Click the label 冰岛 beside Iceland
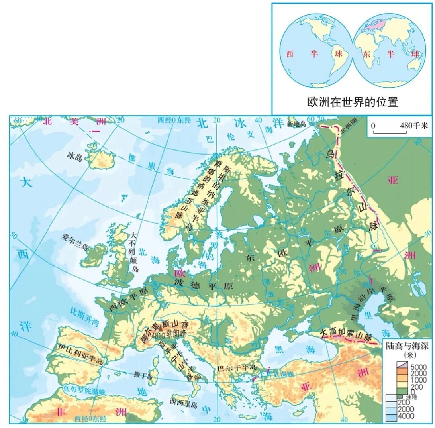pyautogui.click(x=74, y=156)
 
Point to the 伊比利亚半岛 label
pyautogui.click(x=80, y=354)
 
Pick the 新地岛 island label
pyautogui.click(x=296, y=124)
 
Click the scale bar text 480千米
pyautogui.click(x=414, y=126)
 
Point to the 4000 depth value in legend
pyautogui.click(x=406, y=416)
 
